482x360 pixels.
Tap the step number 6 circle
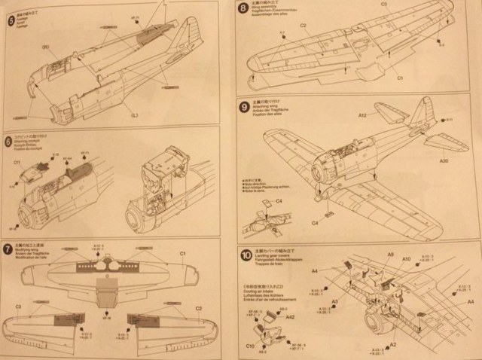8,141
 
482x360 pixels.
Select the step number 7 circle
8,249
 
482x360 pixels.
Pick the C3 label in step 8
383,5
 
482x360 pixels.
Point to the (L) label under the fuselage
135,114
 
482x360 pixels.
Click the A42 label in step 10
290,319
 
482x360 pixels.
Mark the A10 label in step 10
406,260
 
